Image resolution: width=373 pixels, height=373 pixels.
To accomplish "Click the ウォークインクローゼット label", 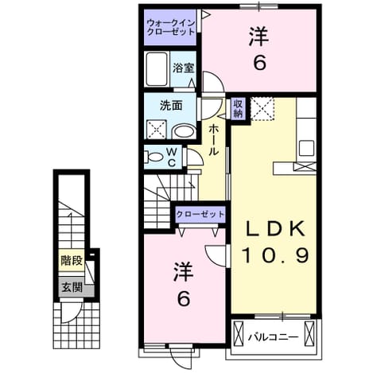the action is tap(171, 27).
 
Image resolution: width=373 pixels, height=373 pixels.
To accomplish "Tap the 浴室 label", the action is tap(184, 68).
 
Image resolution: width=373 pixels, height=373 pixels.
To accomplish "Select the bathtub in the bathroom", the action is tap(157, 69).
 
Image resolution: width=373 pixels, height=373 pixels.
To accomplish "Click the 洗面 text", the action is tap(171, 106).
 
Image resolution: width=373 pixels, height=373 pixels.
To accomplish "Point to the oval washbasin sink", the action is tap(185, 131).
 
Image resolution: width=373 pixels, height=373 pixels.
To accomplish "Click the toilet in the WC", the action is tap(153, 157).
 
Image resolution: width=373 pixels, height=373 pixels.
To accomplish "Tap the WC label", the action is tap(172, 157).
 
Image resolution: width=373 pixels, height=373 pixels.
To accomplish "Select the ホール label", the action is tap(213, 140).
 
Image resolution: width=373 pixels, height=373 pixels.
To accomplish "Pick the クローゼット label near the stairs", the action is tap(200, 214).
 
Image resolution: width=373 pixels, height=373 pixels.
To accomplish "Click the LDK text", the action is tap(275, 230).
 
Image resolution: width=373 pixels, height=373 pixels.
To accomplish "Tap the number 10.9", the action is tap(275, 255).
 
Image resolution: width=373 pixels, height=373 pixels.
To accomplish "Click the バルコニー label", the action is tap(273, 337).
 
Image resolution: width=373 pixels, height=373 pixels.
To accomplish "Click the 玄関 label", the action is tap(72, 287).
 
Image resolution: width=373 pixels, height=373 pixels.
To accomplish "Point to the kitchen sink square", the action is tap(306, 148).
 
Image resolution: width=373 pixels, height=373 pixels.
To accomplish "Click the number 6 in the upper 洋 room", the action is tap(260, 63).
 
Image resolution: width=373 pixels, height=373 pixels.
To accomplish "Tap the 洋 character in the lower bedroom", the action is tap(184, 272).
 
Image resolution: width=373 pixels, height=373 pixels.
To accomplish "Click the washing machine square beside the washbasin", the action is tap(157, 130).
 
